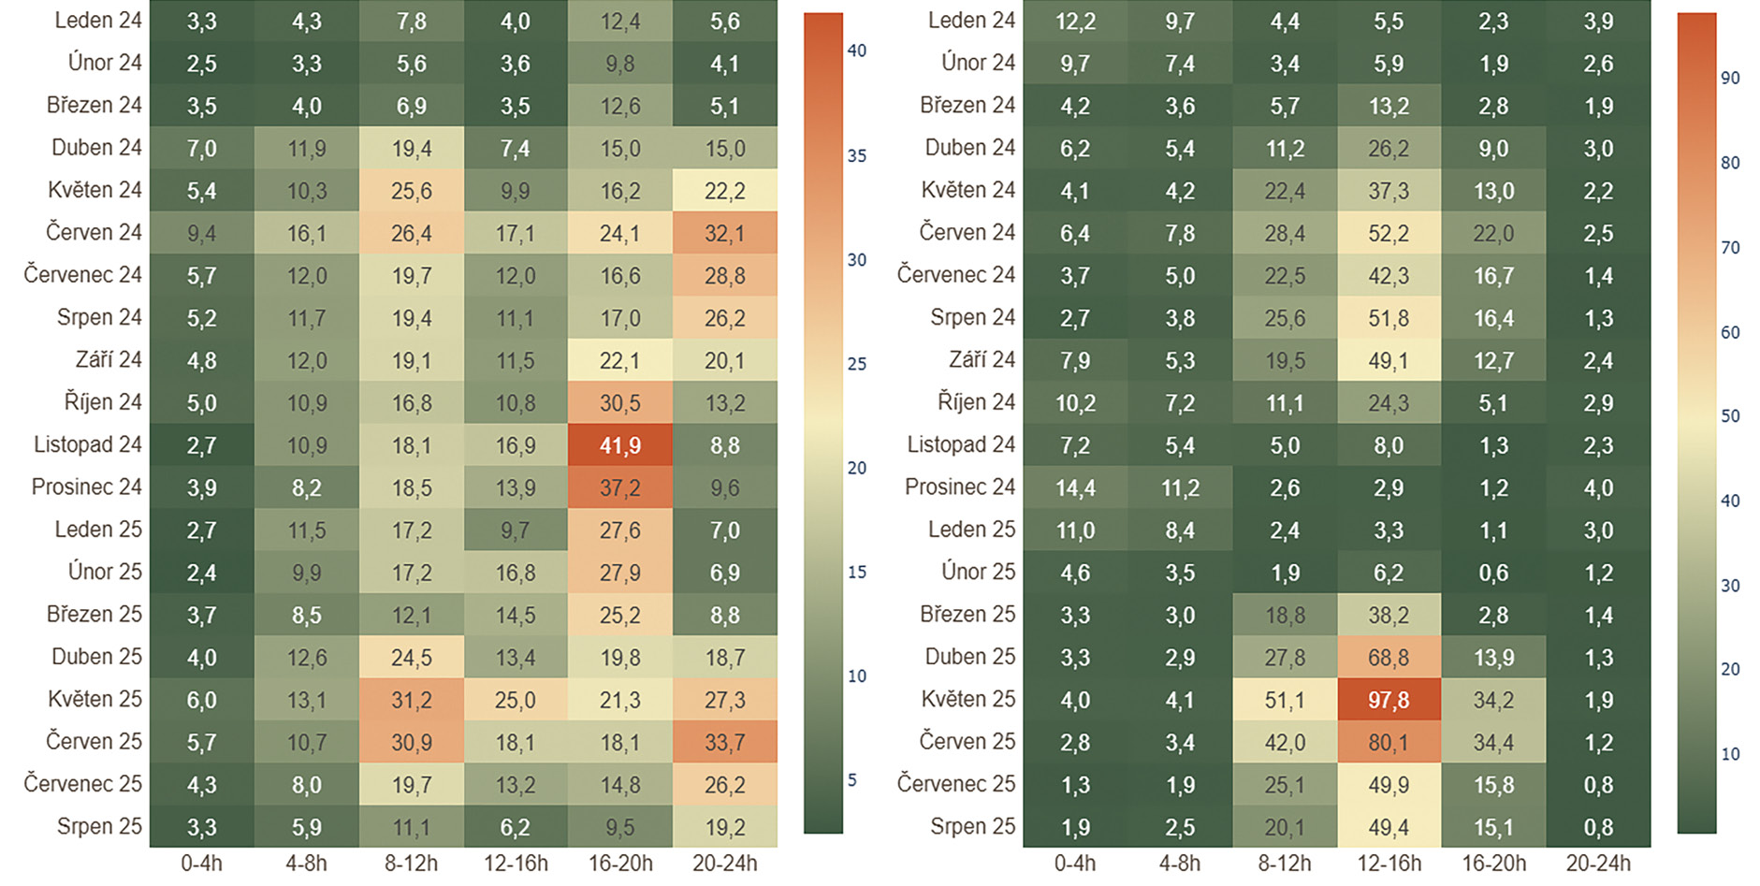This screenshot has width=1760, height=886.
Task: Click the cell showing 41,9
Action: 619,445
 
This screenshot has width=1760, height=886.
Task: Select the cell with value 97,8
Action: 1389,700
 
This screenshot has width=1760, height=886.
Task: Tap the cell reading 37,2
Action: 619,487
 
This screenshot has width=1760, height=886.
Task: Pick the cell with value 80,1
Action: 1389,742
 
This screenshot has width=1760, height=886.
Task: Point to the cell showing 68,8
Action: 1389,658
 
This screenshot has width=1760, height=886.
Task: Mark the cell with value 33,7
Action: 724,742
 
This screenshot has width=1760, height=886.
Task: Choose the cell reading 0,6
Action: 1493,573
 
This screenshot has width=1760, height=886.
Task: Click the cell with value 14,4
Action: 1075,487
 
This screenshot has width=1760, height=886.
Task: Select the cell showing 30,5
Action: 619,403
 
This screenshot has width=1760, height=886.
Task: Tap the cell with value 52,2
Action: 1389,233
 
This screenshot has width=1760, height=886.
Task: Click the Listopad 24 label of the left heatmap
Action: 88,444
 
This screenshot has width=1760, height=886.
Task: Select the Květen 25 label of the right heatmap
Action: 967,699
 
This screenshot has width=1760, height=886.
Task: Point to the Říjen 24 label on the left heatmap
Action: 103,402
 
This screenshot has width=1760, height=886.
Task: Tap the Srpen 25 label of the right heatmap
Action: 972,826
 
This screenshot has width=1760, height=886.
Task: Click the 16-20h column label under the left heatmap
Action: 620,864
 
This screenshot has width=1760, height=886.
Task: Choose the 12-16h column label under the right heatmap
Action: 1389,864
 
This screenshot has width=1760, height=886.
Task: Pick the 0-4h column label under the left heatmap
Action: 201,864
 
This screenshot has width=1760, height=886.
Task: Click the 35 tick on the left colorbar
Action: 857,155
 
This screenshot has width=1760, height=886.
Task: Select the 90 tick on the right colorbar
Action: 1730,78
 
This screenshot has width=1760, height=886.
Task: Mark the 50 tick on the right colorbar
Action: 1730,415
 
